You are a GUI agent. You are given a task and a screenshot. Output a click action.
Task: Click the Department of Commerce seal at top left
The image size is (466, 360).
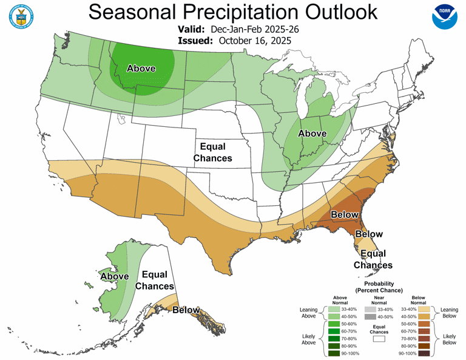[22, 17]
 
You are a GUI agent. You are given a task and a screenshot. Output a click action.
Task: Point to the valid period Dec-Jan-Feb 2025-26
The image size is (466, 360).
[255, 29]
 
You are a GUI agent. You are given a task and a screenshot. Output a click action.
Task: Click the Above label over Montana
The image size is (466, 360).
[141, 69]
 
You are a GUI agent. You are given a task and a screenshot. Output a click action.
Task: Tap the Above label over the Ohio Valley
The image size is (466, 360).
[312, 134]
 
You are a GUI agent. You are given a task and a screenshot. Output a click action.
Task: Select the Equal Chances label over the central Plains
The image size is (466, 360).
[212, 152]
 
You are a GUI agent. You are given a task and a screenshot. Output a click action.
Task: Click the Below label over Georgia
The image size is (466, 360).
[344, 215]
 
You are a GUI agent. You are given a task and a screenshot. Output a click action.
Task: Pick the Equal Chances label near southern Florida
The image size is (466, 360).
[373, 259]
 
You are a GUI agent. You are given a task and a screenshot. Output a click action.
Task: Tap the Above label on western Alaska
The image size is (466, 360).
[114, 276]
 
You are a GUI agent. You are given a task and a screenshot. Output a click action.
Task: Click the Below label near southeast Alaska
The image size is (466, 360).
[186, 310]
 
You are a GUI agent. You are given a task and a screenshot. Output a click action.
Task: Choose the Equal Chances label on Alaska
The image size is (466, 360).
[154, 280]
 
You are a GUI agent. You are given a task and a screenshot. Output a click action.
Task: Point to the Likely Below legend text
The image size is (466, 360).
[450, 339]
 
